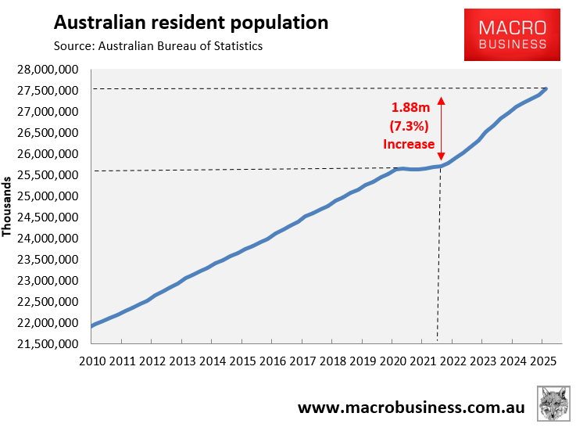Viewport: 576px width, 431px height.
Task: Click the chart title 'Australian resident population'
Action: (190, 22)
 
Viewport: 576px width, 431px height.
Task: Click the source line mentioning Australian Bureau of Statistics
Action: (158, 46)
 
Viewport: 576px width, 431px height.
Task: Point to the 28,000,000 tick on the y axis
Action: (48, 70)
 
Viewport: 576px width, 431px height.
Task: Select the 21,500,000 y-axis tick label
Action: (48, 343)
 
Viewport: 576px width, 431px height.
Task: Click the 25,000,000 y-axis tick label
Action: (48, 196)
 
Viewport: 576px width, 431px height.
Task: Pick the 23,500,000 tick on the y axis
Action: (48, 259)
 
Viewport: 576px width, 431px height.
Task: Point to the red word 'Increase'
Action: (408, 144)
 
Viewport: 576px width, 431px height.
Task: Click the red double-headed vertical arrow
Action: (441, 129)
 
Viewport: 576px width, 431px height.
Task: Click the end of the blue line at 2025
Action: (546, 89)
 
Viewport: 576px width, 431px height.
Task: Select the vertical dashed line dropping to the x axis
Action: (438, 258)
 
